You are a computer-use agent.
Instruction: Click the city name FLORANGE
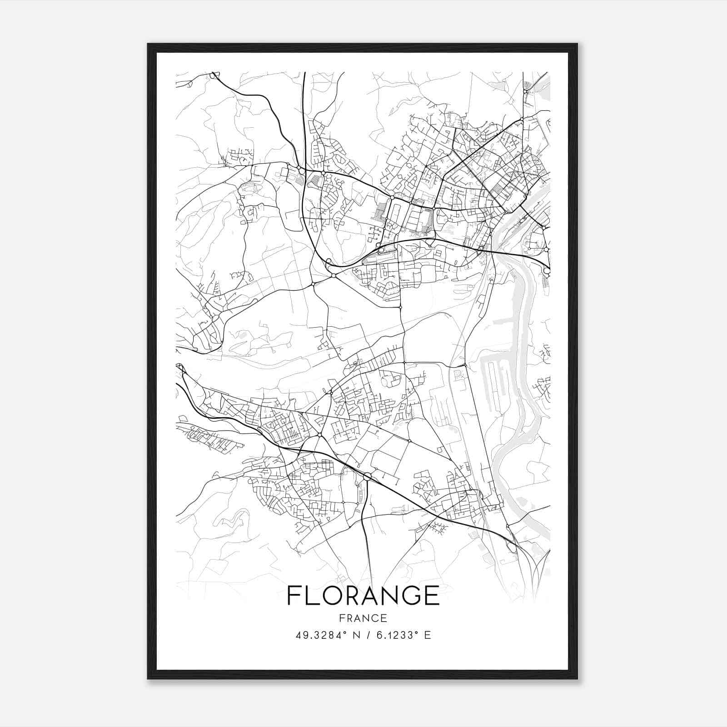coord(363,595)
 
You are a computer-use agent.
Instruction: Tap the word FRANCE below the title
coord(363,618)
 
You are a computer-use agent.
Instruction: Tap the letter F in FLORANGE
coord(294,595)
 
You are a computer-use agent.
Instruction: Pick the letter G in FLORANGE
coord(406,595)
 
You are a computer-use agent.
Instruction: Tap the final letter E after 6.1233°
coord(428,635)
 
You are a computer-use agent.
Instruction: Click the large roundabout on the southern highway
coord(368,476)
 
